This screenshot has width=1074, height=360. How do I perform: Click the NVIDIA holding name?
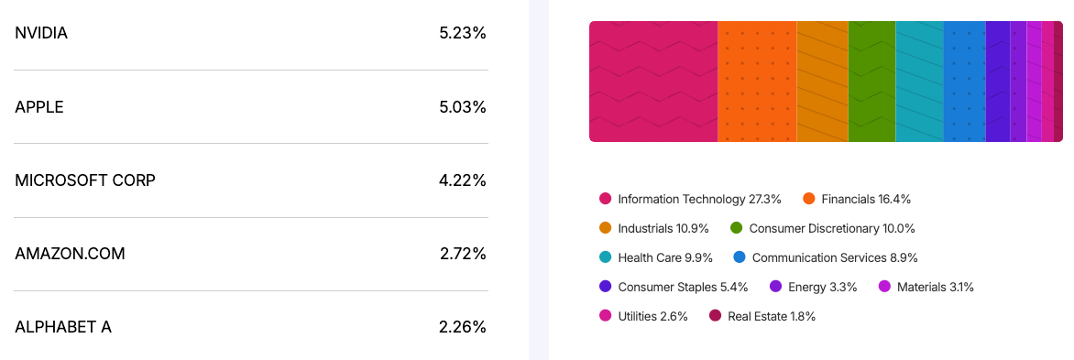[41, 33]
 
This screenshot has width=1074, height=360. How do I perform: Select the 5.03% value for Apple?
[462, 107]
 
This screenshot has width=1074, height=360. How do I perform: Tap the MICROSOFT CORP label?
[85, 180]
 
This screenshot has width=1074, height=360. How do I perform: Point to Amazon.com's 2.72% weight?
[462, 254]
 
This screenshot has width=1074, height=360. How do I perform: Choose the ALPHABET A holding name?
[63, 327]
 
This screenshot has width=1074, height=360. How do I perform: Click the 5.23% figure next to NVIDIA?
[462, 33]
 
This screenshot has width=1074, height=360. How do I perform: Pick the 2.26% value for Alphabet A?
[462, 327]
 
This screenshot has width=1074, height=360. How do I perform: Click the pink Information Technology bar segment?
[652, 82]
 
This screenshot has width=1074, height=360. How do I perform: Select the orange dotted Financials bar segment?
[757, 82]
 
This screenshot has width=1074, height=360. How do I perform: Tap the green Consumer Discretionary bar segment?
[871, 82]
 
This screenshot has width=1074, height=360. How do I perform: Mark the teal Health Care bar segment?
[919, 82]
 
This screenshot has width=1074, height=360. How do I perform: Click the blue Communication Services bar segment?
[964, 82]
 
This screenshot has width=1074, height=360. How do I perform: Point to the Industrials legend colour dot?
[606, 228]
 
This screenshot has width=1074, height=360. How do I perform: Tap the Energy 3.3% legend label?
[822, 287]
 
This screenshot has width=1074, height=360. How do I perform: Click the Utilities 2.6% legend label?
[652, 316]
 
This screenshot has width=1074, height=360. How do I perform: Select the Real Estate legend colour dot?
[716, 316]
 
